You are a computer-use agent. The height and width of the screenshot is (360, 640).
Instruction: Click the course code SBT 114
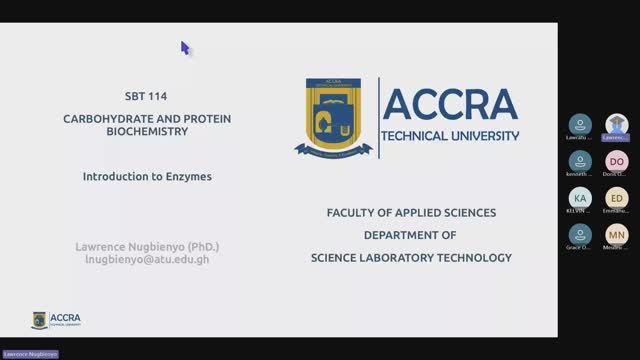pyautogui.click(x=147, y=97)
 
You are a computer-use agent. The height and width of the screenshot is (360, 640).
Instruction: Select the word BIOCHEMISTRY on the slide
pyautogui.click(x=147, y=130)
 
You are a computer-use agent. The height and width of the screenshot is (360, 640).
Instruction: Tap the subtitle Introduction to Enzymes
pyautogui.click(x=147, y=175)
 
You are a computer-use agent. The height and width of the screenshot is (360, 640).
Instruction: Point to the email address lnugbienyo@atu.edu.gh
pyautogui.click(x=147, y=259)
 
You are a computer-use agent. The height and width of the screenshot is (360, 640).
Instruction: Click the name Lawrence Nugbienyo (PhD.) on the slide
pyautogui.click(x=147, y=246)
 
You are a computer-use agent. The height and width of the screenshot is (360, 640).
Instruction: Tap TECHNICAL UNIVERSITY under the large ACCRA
pyautogui.click(x=451, y=135)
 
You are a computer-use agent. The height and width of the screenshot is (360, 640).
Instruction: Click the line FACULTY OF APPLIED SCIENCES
pyautogui.click(x=411, y=213)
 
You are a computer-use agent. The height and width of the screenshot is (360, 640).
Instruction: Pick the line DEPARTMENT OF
pyautogui.click(x=410, y=235)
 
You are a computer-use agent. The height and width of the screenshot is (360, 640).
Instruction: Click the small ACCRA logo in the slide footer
pyautogui.click(x=57, y=320)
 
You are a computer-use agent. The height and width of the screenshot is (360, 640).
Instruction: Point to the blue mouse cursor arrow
pyautogui.click(x=185, y=47)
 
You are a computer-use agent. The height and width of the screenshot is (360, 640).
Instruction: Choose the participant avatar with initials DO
pyautogui.click(x=617, y=161)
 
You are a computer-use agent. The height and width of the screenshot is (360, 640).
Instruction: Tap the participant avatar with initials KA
pyautogui.click(x=580, y=198)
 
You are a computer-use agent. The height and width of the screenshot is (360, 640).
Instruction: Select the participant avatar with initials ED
pyautogui.click(x=617, y=198)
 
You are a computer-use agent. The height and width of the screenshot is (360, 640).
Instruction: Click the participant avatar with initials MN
pyautogui.click(x=617, y=235)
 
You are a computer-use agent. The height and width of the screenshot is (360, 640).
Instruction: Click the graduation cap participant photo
pyautogui.click(x=617, y=124)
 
